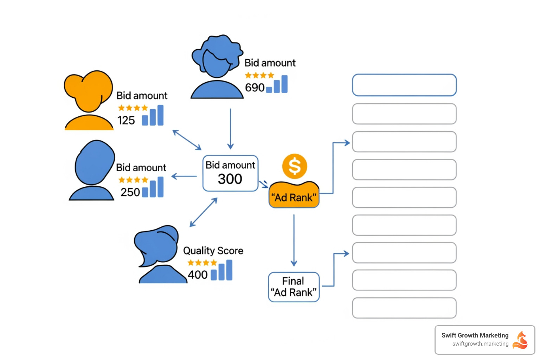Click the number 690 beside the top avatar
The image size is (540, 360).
255,87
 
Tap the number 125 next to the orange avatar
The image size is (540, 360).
126,120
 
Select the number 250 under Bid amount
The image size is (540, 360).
130,192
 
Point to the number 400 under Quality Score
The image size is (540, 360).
198,275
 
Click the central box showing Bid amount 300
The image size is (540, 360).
230,173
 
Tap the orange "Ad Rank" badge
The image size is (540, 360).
294,195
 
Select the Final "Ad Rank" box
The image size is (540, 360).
294,287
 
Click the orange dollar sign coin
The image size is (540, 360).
295,166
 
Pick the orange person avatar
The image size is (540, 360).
89,100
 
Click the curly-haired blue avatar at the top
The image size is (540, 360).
217,67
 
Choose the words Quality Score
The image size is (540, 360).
213,251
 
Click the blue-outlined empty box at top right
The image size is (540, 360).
404,85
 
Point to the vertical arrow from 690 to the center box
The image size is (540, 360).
230,129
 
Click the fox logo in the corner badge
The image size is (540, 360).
520,340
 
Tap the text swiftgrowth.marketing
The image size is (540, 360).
480,344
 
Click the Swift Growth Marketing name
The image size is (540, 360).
475,335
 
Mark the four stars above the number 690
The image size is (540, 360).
259,75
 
